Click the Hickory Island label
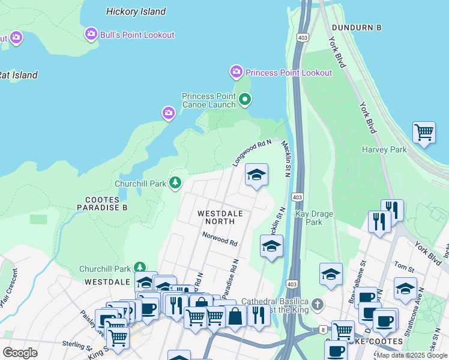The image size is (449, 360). click(x=136, y=11)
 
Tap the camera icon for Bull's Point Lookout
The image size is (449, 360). click(x=91, y=34)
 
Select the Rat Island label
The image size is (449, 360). click(x=18, y=76)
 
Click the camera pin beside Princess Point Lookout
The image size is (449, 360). click(x=237, y=72)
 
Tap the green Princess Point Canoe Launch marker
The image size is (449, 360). click(x=244, y=100)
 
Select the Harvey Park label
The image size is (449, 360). click(x=384, y=149)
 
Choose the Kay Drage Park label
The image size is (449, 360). click(x=314, y=218)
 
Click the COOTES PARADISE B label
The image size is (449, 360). click(x=98, y=203)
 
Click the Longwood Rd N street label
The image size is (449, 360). click(x=252, y=153)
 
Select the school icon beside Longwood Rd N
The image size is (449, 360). click(x=256, y=175)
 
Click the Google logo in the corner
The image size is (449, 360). click(x=20, y=353)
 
